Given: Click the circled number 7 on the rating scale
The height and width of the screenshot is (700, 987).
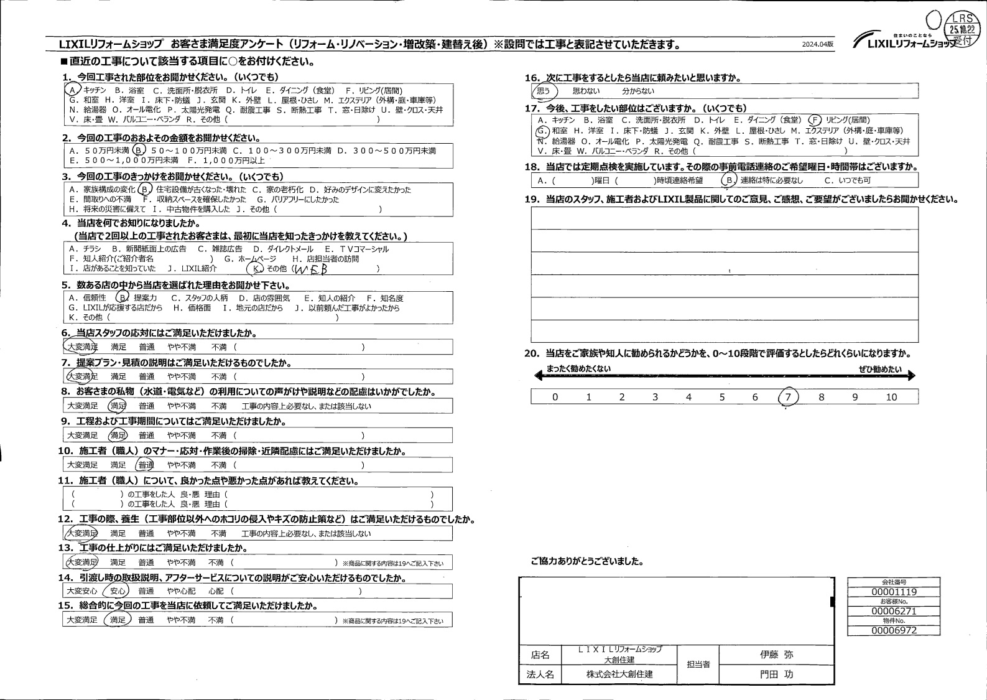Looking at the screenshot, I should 788,397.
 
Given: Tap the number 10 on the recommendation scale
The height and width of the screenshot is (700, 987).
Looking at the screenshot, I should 891,397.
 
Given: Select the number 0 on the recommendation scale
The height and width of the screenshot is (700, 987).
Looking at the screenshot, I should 555,397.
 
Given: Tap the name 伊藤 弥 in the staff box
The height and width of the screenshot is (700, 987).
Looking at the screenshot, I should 776,655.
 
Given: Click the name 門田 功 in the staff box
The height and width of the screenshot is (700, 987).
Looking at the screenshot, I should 776,674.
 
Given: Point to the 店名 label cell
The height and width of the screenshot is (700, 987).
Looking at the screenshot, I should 540,655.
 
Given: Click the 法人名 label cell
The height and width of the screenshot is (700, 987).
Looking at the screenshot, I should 540,674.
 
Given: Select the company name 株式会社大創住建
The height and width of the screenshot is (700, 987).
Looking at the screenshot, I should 619,674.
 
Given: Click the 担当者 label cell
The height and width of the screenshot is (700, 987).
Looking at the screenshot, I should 698,665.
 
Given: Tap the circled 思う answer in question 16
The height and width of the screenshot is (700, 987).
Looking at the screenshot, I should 544,91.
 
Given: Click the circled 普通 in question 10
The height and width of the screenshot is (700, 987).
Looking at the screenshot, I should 146,465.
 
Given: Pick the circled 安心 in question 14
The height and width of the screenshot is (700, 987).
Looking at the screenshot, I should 118,591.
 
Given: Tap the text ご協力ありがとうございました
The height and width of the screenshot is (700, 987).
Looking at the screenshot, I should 587,561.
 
